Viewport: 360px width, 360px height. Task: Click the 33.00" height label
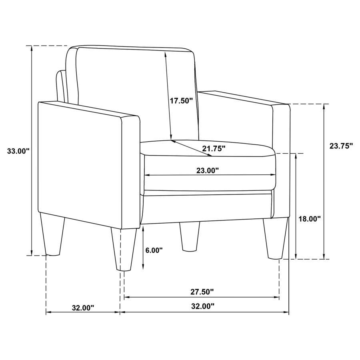(18, 151)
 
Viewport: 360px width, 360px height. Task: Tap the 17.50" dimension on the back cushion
(181, 100)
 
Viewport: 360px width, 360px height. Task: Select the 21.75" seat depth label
(214, 149)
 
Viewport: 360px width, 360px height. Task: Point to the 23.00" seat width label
(208, 170)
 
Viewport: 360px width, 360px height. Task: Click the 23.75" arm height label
(341, 146)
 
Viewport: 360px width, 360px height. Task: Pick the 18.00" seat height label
(310, 219)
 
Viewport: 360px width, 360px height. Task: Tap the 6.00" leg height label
(154, 250)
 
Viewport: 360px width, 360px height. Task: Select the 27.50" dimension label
(202, 292)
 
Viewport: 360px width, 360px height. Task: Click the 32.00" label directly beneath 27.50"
(202, 306)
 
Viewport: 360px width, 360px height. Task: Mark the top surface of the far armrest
(244, 98)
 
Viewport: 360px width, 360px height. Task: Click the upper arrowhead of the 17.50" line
(165, 52)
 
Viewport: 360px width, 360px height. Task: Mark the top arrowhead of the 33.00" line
(31, 48)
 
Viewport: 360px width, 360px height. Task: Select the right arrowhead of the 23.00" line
(274, 175)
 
